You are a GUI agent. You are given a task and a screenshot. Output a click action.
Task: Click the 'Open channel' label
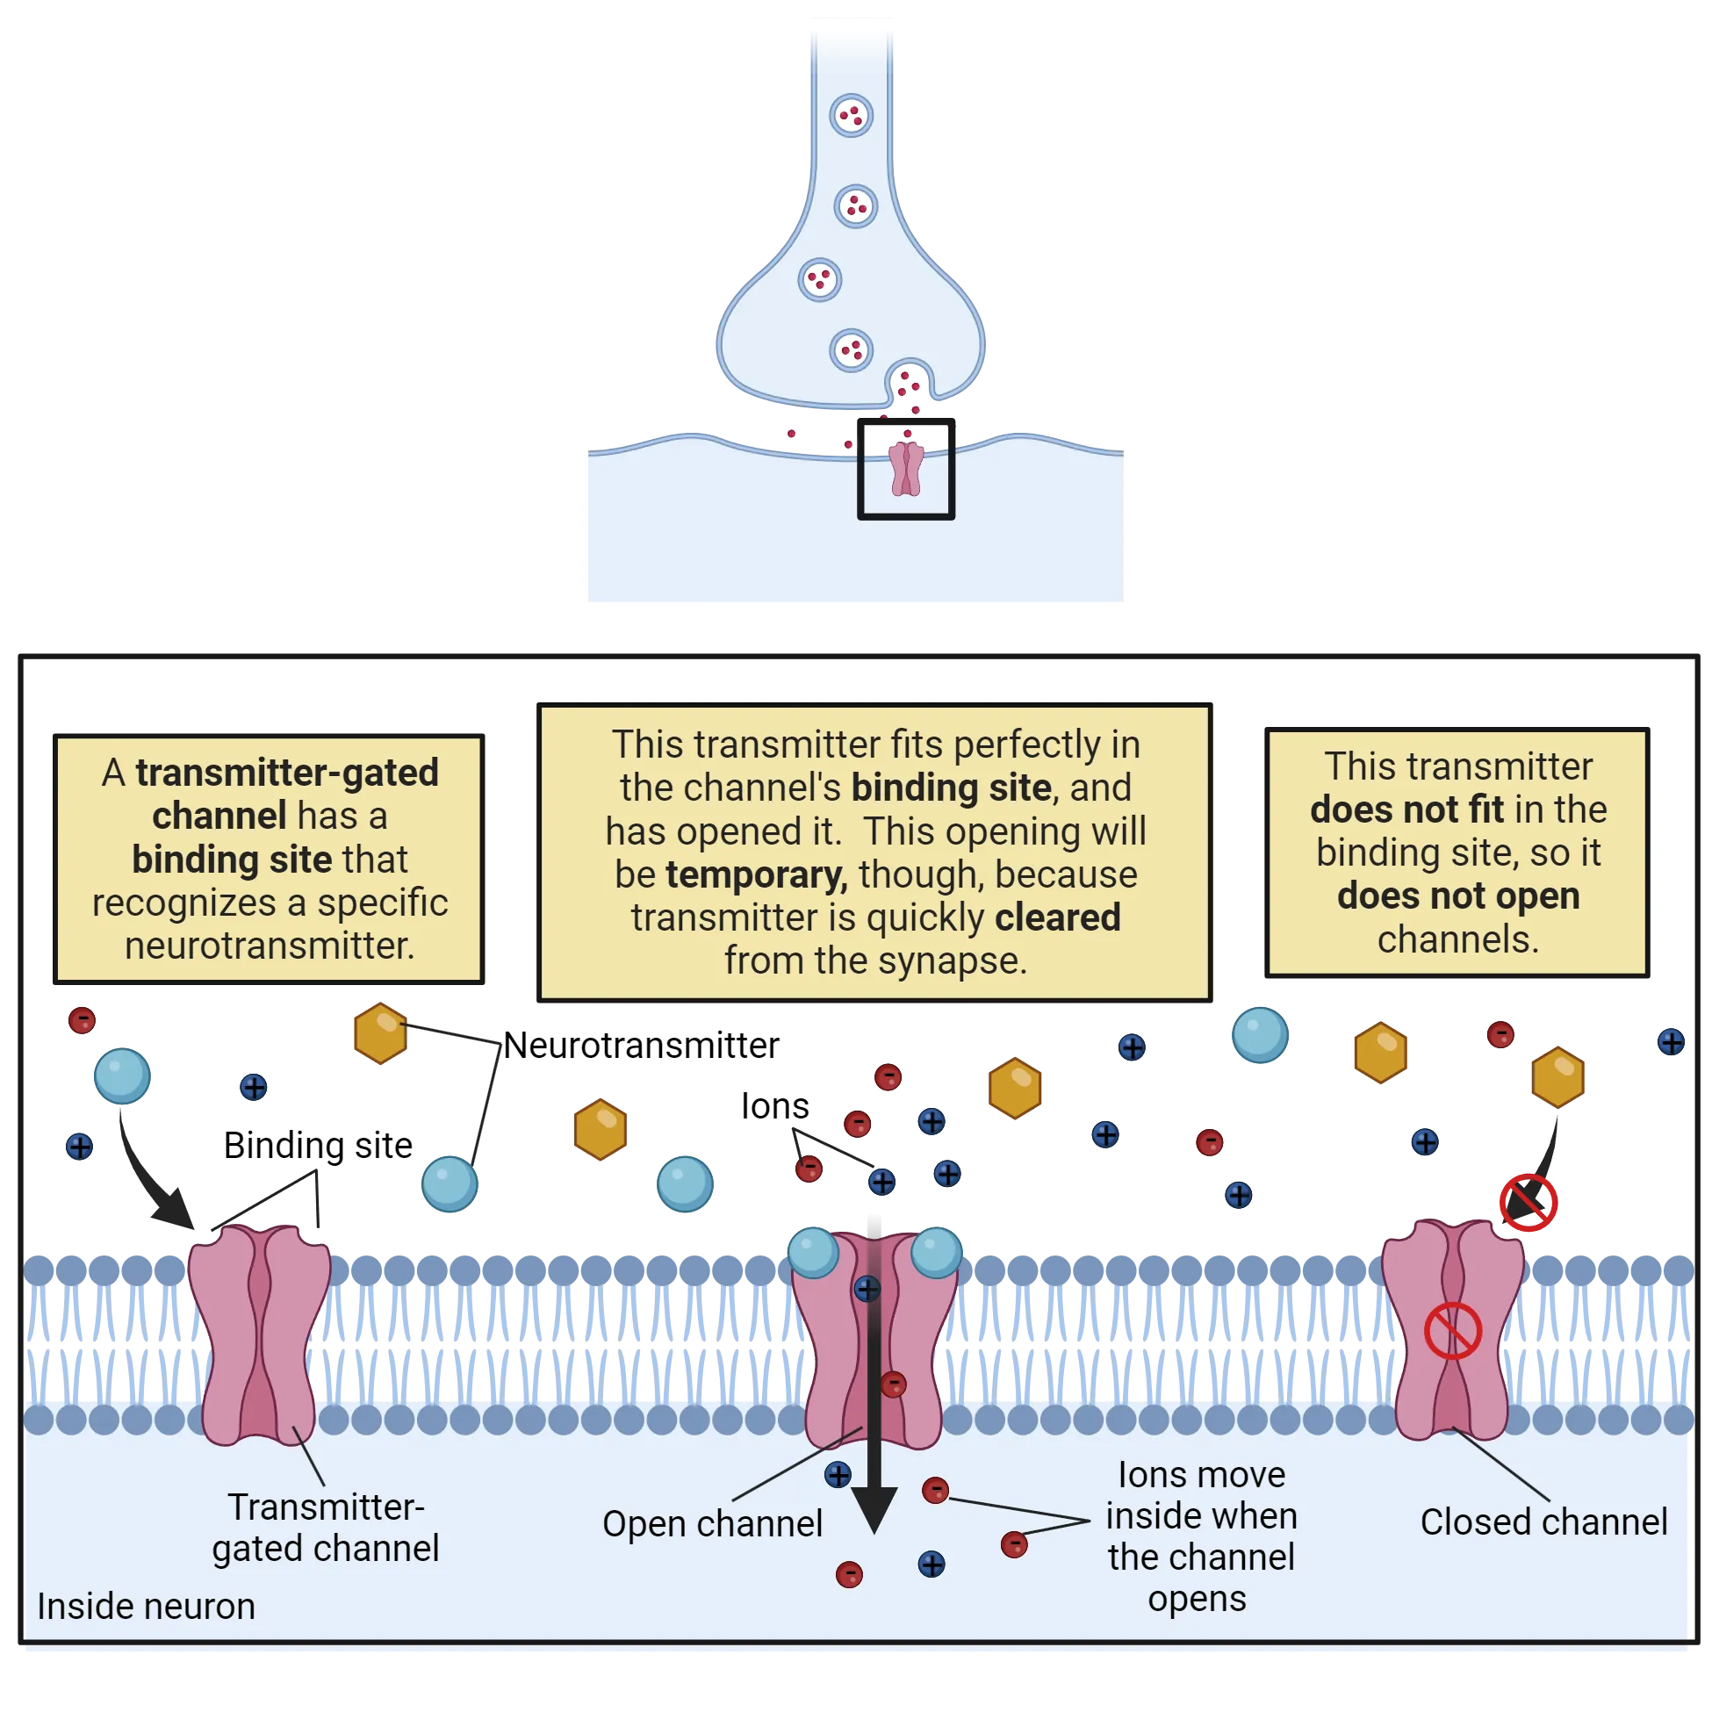point(711,1524)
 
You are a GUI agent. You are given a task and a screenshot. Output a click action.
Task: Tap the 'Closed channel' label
point(1543,1522)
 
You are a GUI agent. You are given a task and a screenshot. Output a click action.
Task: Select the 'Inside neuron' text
point(147,1607)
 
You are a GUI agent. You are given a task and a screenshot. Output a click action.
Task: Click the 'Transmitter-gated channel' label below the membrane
point(325,1528)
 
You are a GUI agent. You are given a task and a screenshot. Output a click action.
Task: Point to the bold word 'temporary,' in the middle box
point(756,875)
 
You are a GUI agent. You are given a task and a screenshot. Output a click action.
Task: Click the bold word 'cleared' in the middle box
point(1057,918)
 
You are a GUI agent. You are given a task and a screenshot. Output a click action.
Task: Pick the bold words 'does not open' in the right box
point(1457,896)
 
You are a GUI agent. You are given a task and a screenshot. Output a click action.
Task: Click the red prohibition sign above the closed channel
point(1528,1203)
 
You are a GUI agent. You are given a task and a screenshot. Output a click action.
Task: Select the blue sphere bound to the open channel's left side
point(813,1251)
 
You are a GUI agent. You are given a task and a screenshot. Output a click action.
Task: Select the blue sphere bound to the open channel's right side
point(936,1251)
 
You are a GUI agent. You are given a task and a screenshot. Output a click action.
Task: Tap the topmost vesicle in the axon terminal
point(851,115)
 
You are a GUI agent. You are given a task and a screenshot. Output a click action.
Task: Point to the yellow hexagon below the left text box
point(380,1033)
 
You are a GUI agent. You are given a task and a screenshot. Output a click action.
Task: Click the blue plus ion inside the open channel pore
point(867,1289)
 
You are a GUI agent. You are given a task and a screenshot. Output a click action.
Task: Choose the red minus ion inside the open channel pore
point(893,1384)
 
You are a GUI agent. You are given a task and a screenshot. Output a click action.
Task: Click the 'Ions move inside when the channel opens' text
point(1201,1536)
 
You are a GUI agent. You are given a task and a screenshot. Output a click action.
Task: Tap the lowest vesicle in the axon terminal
point(851,350)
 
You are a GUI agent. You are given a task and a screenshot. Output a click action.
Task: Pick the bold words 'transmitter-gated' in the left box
point(286,773)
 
